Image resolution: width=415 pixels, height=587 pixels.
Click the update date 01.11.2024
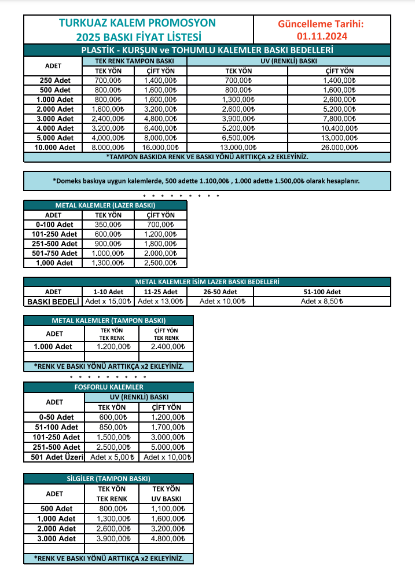tap(321, 36)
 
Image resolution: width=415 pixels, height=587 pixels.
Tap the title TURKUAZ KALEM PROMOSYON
tap(137, 23)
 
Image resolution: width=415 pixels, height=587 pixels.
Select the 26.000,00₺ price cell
tap(339, 148)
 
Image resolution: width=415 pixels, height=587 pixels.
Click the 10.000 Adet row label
tap(55, 148)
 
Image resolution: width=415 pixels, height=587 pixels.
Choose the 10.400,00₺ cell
tap(339, 129)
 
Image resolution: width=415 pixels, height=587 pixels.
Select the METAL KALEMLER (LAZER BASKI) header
tap(105, 205)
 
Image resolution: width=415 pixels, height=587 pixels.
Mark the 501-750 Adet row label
tap(54, 254)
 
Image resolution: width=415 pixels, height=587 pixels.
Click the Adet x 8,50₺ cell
tap(322, 302)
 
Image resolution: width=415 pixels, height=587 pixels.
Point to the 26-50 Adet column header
tap(220, 292)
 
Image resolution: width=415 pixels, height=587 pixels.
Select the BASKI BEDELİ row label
tap(53, 302)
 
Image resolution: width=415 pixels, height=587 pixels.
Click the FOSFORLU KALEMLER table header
tap(109, 387)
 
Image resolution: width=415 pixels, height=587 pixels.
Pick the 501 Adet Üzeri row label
tap(55, 457)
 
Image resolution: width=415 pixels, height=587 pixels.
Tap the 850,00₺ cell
tap(113, 427)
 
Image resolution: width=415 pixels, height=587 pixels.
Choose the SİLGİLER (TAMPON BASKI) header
tap(109, 479)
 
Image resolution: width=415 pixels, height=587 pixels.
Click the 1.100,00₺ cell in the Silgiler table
tap(166, 509)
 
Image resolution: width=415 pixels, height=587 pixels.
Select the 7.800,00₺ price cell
tap(339, 119)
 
